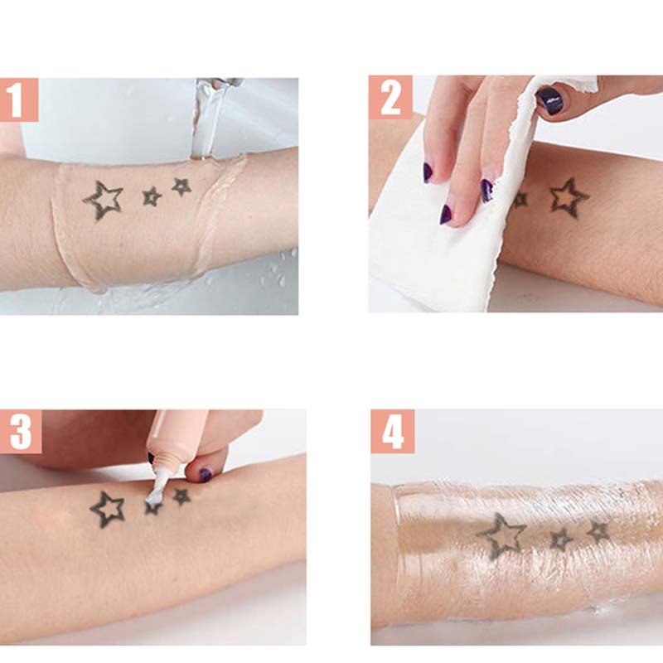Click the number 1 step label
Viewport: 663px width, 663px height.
click(18, 100)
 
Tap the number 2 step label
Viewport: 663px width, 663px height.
click(390, 98)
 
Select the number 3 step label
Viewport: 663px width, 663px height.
click(20, 432)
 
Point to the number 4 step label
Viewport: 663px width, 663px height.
click(393, 432)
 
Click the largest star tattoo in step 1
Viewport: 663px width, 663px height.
click(103, 201)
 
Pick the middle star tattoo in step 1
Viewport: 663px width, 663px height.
click(152, 196)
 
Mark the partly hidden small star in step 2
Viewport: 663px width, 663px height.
click(520, 200)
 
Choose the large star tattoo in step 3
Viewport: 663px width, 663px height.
click(108, 509)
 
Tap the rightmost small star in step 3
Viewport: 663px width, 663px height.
click(181, 496)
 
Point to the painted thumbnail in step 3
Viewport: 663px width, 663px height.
click(205, 475)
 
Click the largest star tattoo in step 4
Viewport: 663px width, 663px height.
click(501, 536)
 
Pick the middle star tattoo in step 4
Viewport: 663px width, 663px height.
click(562, 540)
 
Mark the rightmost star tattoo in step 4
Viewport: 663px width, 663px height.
click(598, 532)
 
